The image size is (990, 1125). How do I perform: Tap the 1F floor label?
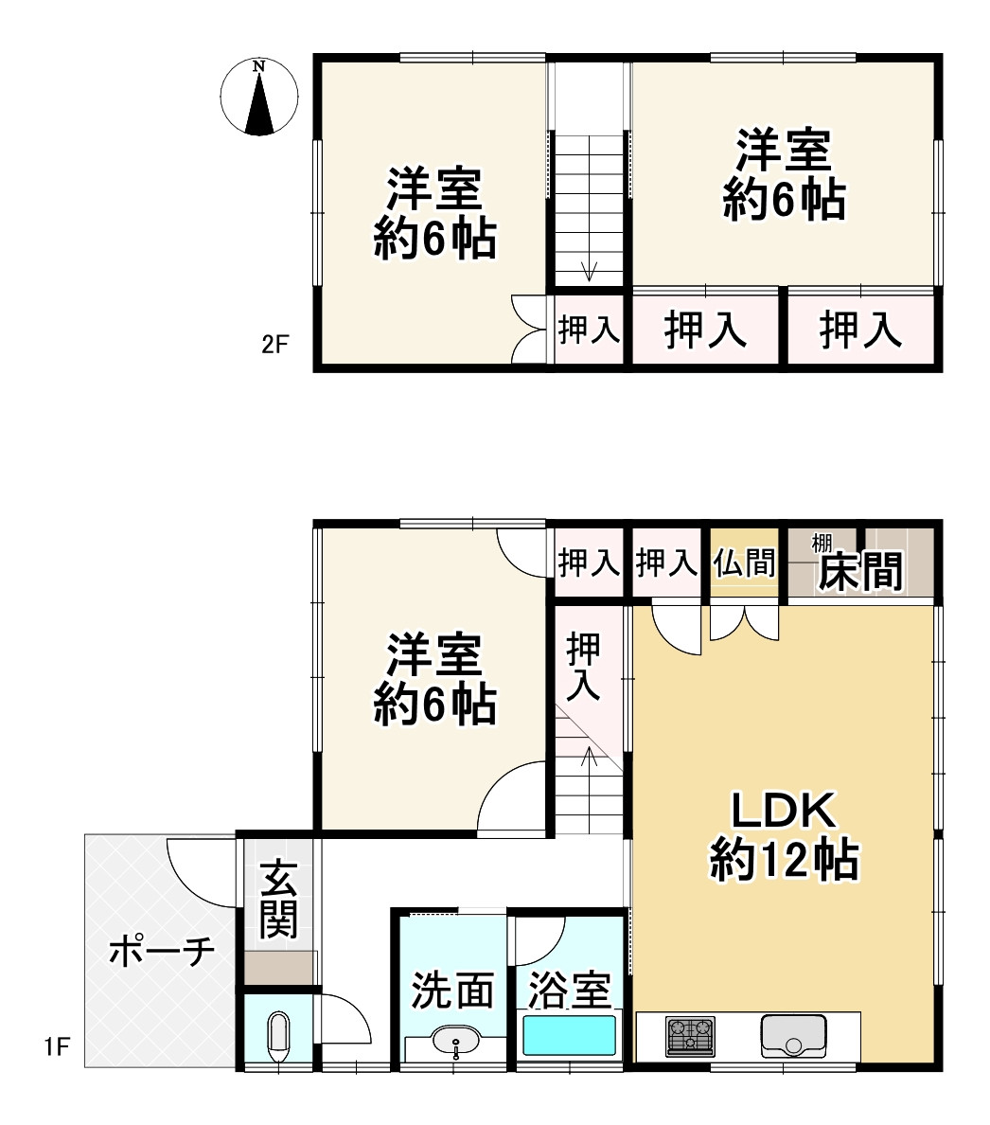click(x=57, y=1047)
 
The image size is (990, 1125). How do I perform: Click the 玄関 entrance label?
click(x=279, y=899)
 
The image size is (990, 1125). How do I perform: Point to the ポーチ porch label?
click(x=162, y=952)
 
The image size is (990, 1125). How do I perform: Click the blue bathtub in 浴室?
click(x=569, y=1036)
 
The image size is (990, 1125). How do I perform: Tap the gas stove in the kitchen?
click(x=690, y=1036)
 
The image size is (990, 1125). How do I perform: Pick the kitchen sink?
click(x=793, y=1036)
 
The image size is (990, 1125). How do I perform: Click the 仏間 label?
click(x=745, y=563)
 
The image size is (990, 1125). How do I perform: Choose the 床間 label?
click(x=859, y=571)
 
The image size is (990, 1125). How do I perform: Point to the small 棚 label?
click(x=822, y=543)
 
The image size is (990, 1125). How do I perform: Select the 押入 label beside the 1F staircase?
click(x=583, y=667)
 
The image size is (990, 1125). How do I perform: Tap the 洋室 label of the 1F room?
click(x=434, y=654)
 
